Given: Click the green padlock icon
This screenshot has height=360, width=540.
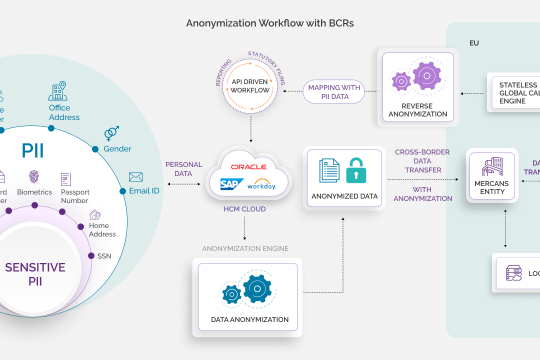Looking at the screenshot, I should [357, 172].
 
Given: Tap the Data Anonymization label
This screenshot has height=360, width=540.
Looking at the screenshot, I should [249, 319].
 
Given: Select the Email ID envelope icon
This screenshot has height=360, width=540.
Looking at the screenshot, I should [136, 177].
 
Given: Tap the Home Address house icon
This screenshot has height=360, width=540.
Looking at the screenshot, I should [94, 214].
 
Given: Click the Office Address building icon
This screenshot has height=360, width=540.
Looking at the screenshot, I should [59, 93].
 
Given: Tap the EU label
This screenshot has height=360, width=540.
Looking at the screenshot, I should [474, 45].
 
